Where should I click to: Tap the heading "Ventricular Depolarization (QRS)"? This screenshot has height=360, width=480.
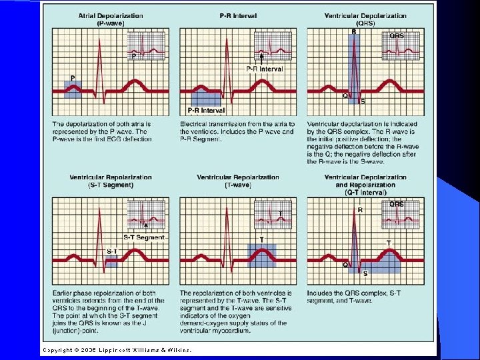click(x=365, y=19)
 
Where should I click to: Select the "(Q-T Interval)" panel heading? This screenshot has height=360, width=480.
click(x=365, y=193)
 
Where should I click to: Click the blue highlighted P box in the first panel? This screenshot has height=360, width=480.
click(x=73, y=88)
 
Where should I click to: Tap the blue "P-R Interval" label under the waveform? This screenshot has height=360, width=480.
click(x=206, y=111)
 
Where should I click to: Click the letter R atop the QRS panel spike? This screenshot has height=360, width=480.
click(x=353, y=31)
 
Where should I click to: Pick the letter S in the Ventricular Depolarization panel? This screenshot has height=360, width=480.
click(x=363, y=102)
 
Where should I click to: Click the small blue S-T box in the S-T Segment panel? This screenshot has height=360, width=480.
click(x=111, y=261)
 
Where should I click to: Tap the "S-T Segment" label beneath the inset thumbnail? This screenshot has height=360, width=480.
click(x=143, y=237)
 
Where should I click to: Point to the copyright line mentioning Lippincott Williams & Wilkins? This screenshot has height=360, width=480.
click(x=117, y=349)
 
